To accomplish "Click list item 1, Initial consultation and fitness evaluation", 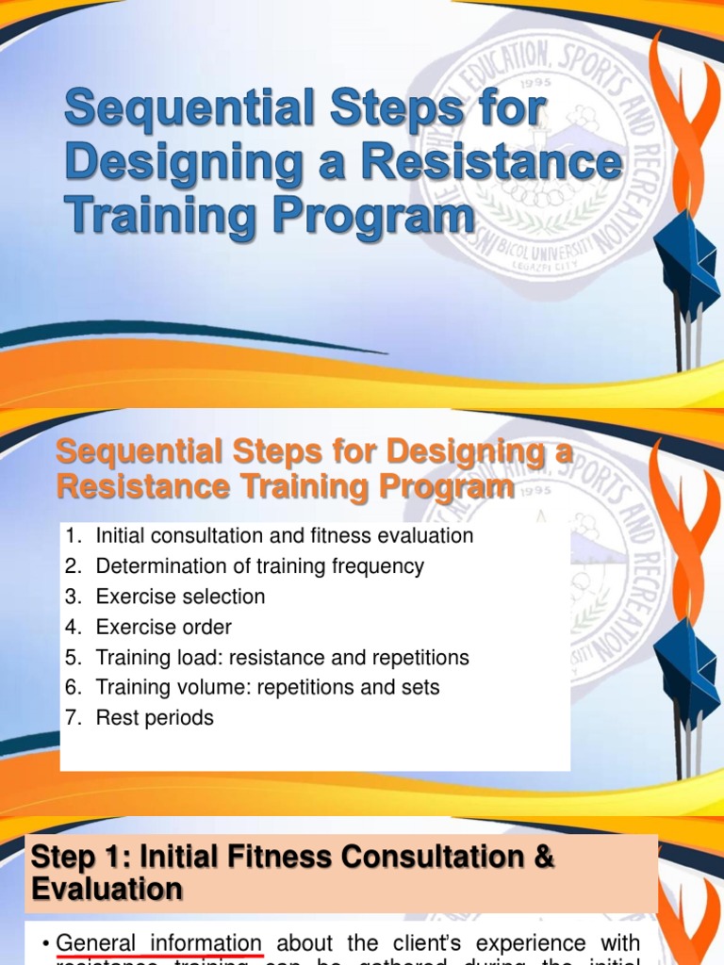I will [x=284, y=536].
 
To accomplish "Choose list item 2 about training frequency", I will [x=259, y=566].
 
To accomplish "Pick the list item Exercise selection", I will [x=180, y=597].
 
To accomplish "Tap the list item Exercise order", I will [x=163, y=627].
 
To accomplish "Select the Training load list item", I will [x=282, y=657].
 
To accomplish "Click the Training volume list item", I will [x=268, y=687].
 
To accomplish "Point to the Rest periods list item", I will [x=155, y=717].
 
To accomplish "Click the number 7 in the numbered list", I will [x=71, y=717].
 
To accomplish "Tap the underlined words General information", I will [x=158, y=942].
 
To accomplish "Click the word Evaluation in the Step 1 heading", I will [x=107, y=889].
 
